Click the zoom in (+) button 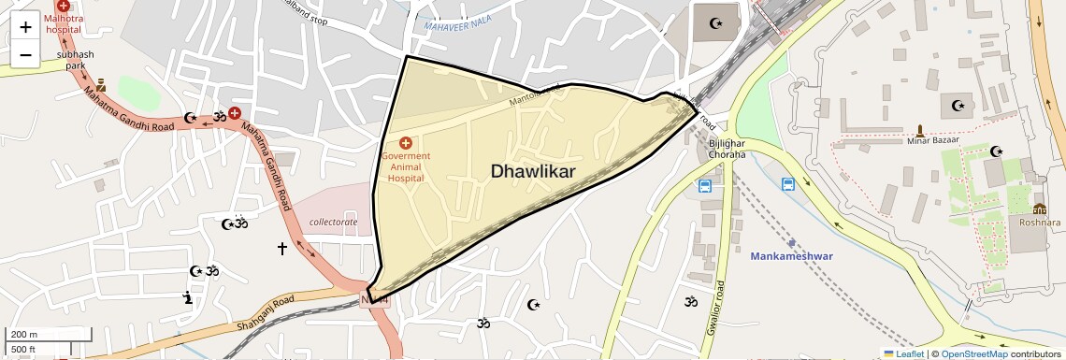(x=25, y=26)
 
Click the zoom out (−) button (x=25, y=54)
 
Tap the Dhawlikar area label (x=532, y=171)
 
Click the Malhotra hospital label (x=63, y=23)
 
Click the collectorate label (x=333, y=222)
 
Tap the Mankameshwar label (x=791, y=255)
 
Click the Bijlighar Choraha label (x=726, y=149)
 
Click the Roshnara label (x=1040, y=223)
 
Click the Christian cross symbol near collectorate (x=282, y=248)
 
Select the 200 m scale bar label (x=25, y=334)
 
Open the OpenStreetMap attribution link (x=973, y=353)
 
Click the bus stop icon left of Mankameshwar (x=704, y=186)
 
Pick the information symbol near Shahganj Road (x=188, y=297)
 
